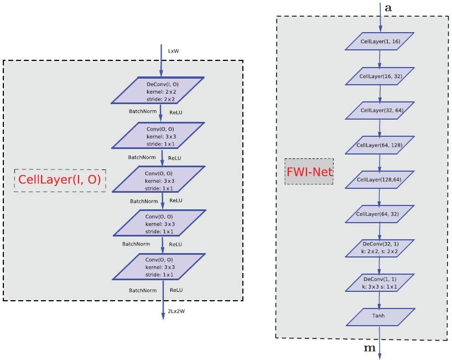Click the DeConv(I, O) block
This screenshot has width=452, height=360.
click(x=159, y=91)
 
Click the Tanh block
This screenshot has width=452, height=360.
click(x=380, y=316)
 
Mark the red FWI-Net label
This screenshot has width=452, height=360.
click(x=309, y=172)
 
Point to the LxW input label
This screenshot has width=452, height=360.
click(x=173, y=52)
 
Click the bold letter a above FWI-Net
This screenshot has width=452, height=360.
click(x=388, y=9)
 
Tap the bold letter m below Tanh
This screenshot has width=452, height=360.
click(x=368, y=347)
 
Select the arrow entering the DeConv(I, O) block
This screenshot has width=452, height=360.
click(x=161, y=61)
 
